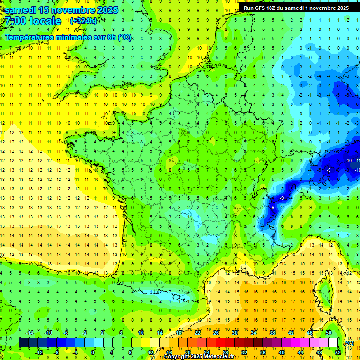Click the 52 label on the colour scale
click(337, 352)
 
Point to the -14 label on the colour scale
click(29, 333)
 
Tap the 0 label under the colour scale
click(93, 352)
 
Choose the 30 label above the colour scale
click(235, 333)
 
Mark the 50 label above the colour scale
click(329, 333)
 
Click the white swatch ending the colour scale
click(333, 342)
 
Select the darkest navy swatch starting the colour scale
click(23, 342)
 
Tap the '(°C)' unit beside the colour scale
click(349, 343)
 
